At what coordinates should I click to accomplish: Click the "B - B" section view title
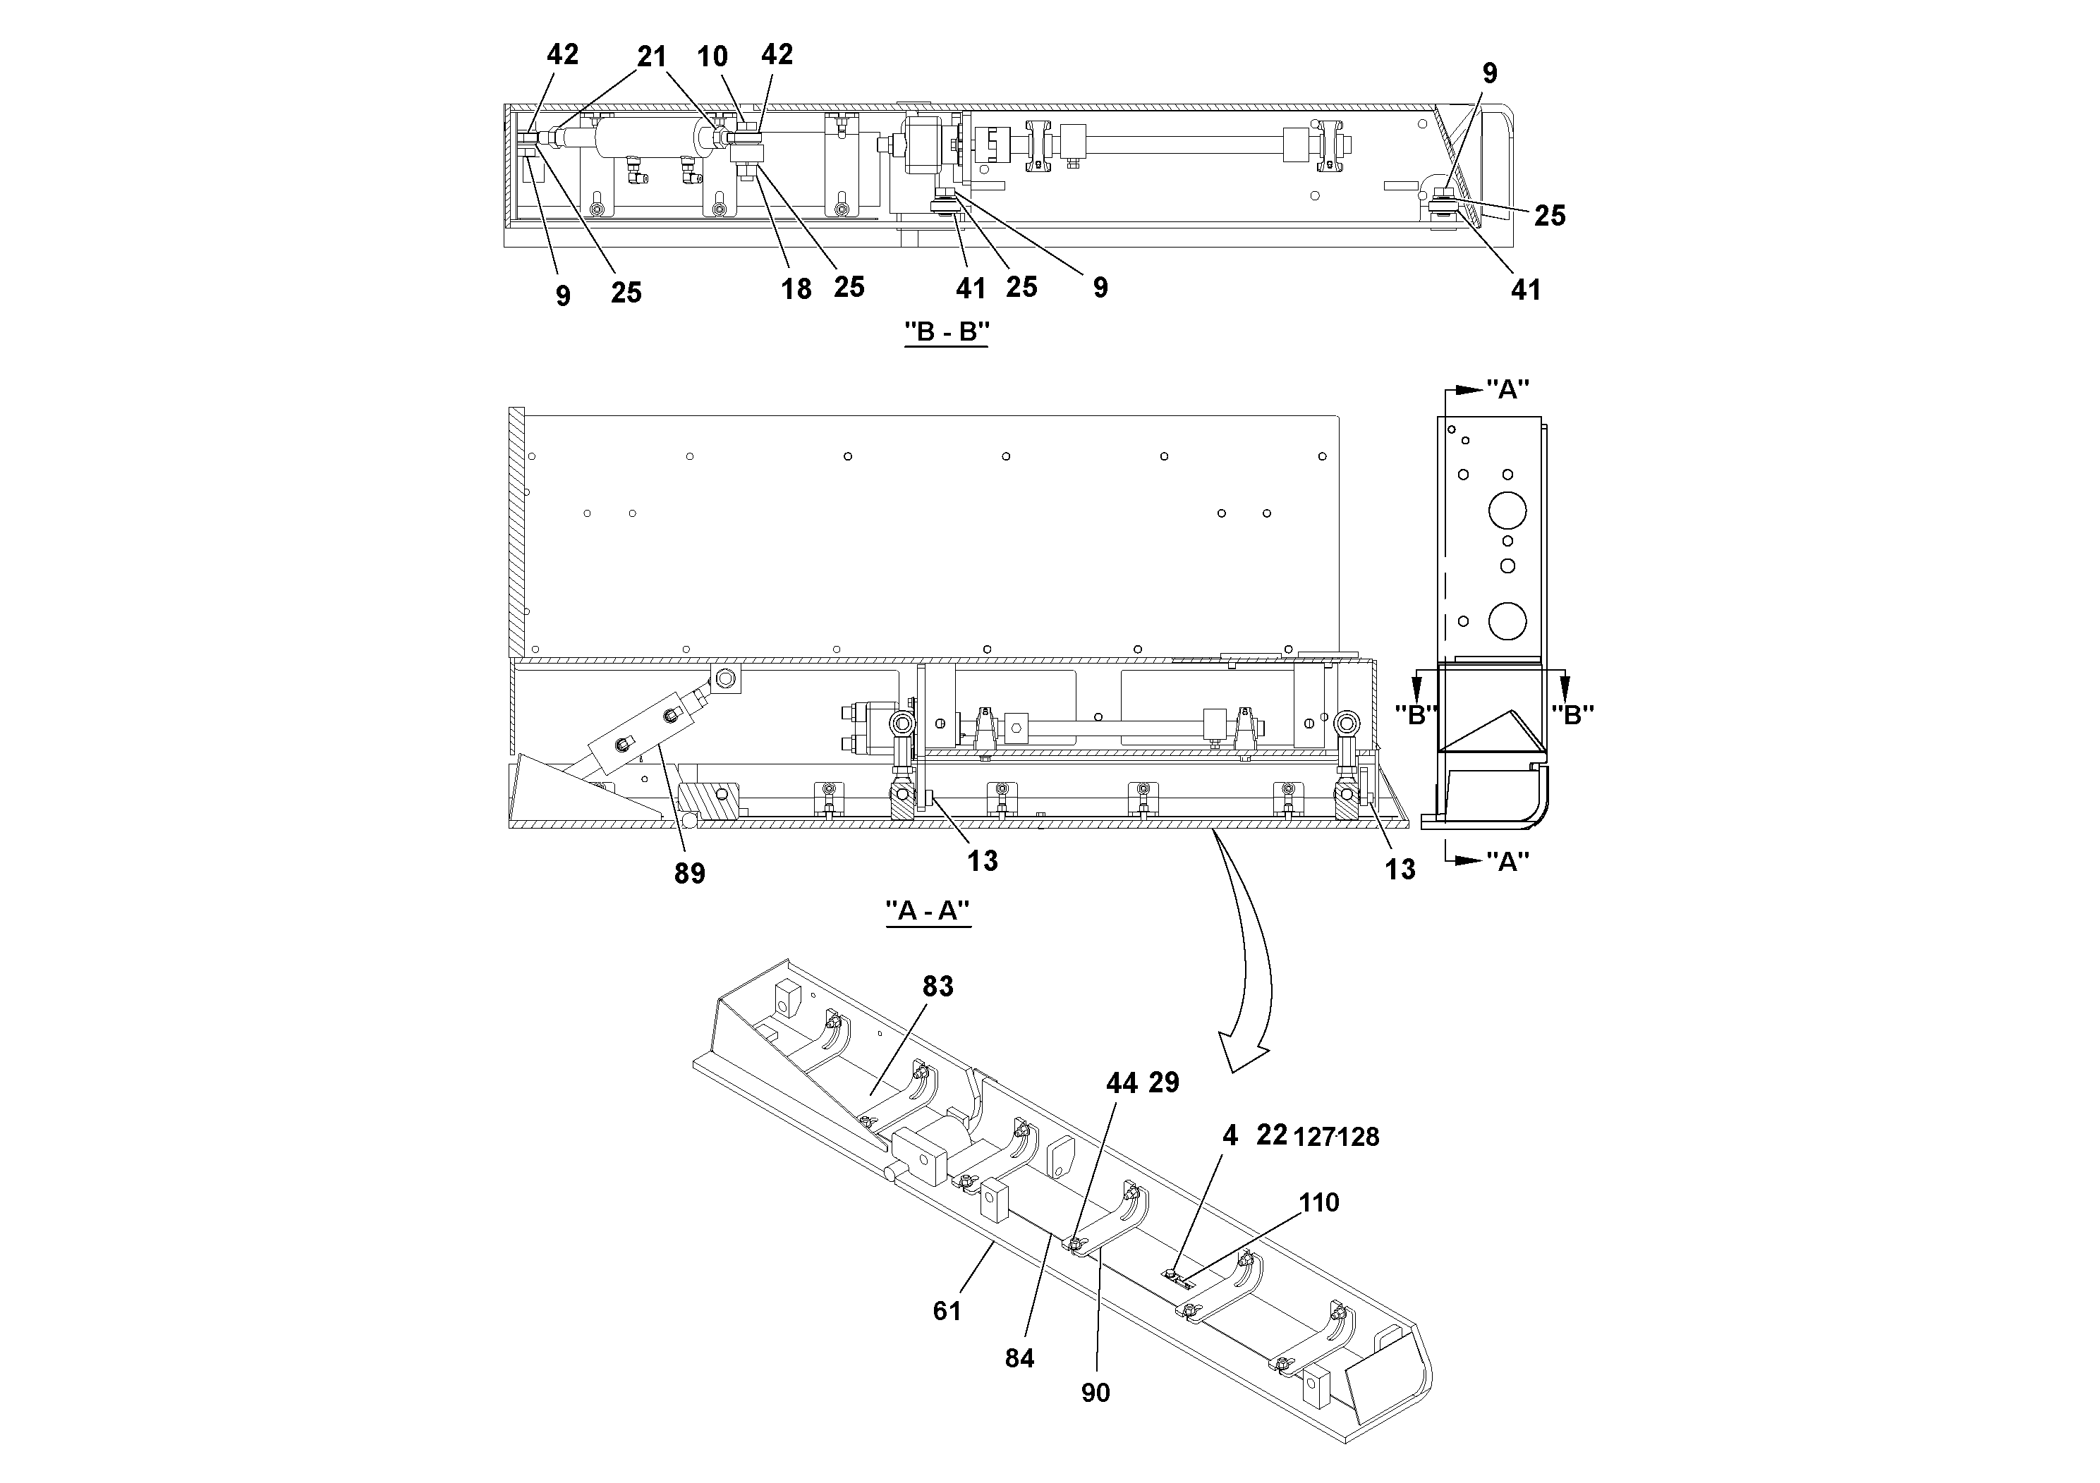tap(947, 332)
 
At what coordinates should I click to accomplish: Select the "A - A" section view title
tap(928, 912)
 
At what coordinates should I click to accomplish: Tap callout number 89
tap(690, 874)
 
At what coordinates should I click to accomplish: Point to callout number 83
tap(937, 987)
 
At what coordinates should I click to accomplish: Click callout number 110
tap(1319, 1202)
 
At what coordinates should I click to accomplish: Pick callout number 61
tap(947, 1311)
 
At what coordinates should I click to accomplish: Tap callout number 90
tap(1095, 1393)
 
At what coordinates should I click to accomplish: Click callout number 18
tap(796, 290)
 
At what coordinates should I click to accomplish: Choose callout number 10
tap(712, 56)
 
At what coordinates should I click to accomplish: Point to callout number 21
tap(651, 56)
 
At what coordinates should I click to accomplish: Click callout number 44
tap(1122, 1083)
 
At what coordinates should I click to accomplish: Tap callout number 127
tap(1314, 1137)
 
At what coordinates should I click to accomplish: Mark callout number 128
tap(1358, 1137)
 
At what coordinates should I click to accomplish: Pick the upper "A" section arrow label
tap(1507, 391)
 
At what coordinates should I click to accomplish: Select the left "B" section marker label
tap(1416, 715)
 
